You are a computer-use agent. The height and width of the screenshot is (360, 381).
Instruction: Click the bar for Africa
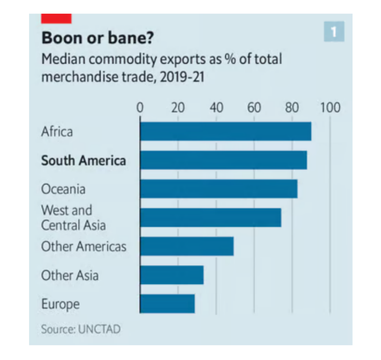225,131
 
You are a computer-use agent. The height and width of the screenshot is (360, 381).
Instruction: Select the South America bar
223,160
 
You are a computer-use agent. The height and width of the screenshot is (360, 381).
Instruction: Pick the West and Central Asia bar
210,217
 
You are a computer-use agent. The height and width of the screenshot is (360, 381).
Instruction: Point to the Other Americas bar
186,246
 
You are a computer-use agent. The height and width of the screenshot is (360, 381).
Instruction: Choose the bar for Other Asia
171,275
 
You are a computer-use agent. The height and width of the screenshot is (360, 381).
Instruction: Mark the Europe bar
167,303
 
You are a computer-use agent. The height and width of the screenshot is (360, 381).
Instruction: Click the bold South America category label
83,161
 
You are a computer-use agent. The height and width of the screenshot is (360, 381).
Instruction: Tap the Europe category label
60,304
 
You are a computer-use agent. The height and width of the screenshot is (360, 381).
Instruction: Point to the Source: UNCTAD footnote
80,328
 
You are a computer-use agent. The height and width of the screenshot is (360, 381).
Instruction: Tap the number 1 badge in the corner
334,32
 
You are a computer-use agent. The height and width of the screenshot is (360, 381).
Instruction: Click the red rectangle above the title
56,18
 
